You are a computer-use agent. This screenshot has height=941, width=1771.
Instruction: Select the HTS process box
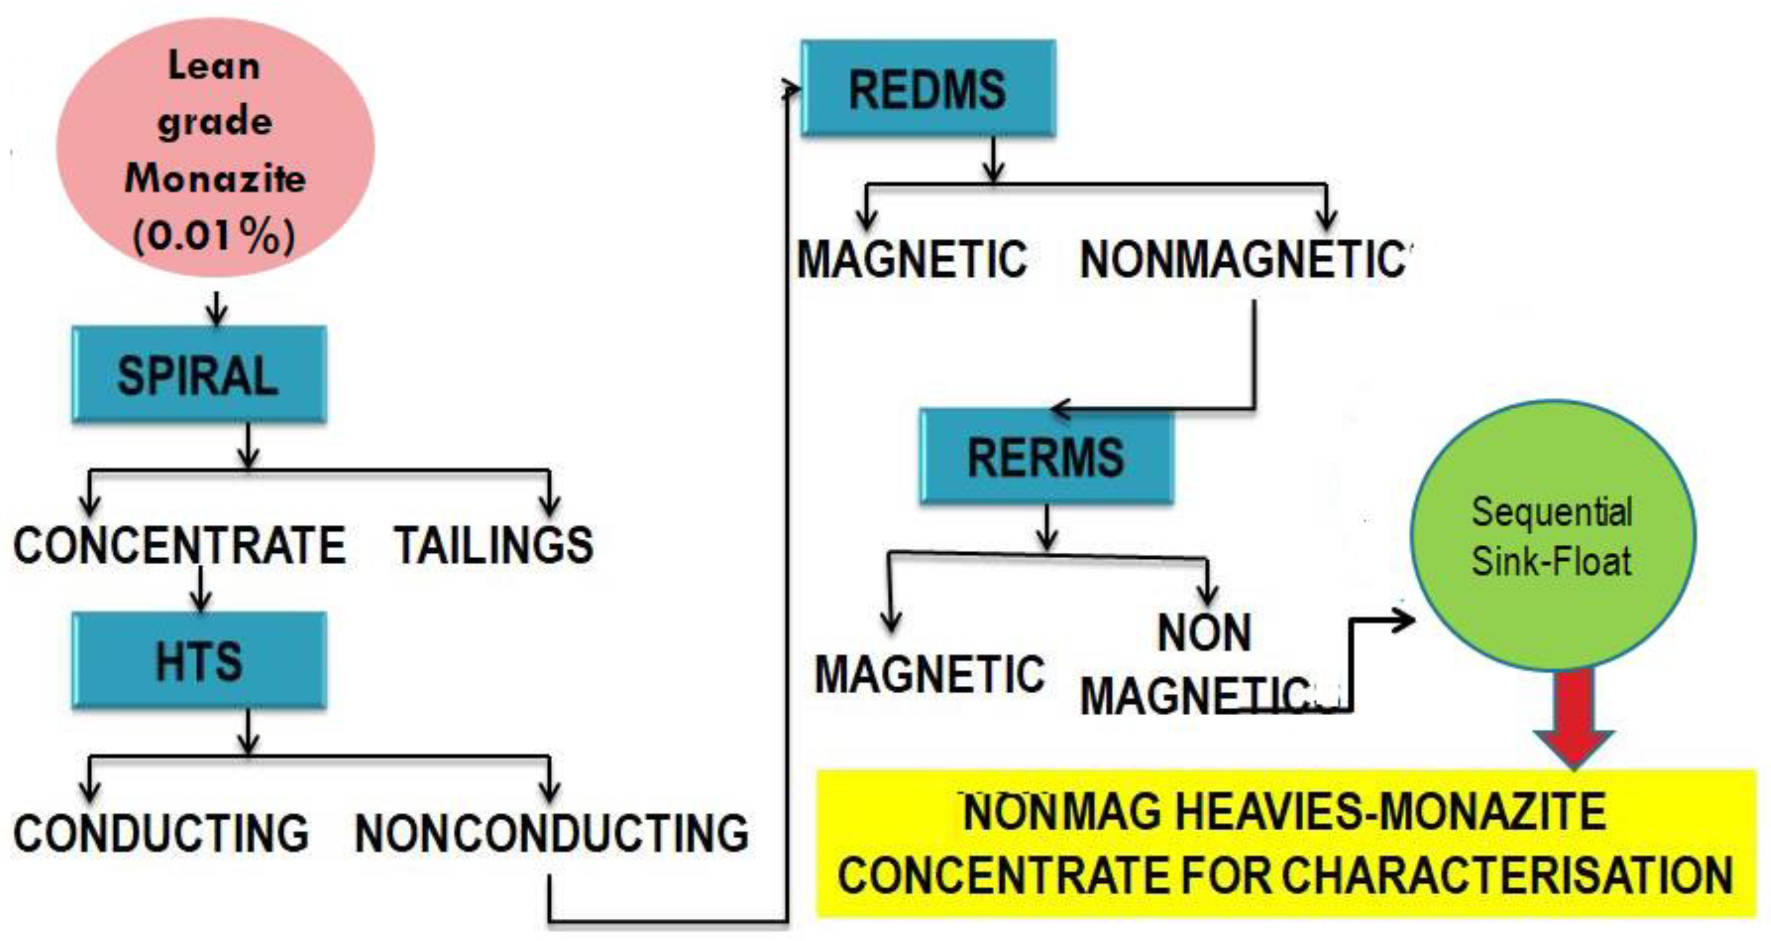point(199,660)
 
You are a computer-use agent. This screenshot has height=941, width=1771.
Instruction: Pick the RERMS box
point(1047,457)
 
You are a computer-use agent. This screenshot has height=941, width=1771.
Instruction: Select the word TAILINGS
point(493,546)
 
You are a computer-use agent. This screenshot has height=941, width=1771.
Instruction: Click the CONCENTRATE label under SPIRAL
point(179,546)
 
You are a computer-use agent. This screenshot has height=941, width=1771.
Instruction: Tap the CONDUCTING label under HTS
point(161,833)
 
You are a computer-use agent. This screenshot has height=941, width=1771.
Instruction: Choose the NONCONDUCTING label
point(552,833)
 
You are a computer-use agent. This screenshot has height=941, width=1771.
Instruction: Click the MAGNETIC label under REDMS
point(912,260)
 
